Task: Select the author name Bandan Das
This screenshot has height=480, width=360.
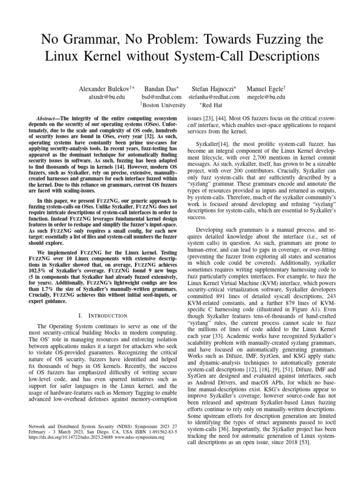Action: (x=159, y=88)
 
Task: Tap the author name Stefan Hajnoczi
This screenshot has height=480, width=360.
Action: (x=212, y=88)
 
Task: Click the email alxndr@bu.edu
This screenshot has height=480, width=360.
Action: (x=107, y=97)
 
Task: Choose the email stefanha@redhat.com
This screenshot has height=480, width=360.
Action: (x=214, y=97)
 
